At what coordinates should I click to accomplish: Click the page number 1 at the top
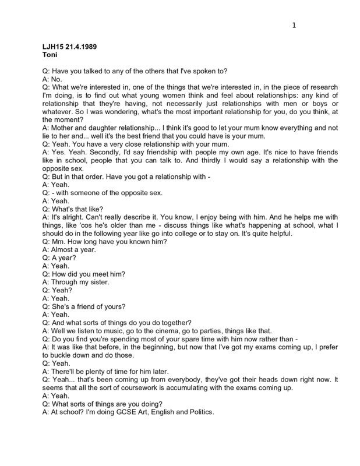[295, 25]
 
